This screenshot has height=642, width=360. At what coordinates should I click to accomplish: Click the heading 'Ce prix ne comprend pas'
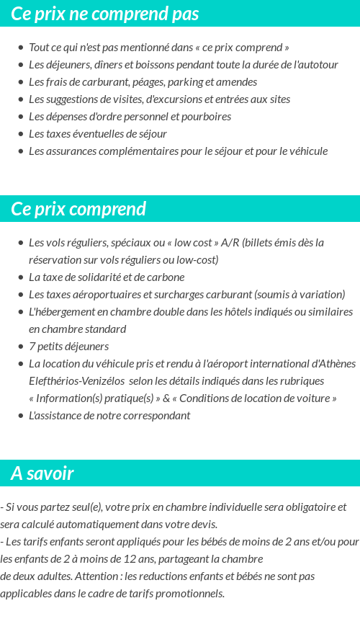[104, 14]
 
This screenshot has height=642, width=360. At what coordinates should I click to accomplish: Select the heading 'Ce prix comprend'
[78, 209]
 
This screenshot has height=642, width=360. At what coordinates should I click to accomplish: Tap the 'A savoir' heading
[42, 473]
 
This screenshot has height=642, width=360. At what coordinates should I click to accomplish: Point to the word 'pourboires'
[207, 116]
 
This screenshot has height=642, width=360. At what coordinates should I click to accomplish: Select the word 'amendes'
[238, 81]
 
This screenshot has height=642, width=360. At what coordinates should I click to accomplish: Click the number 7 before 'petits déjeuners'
[32, 346]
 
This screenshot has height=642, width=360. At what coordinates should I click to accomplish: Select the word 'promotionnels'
[189, 594]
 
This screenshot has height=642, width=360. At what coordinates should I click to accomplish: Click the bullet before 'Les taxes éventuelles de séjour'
[21, 134]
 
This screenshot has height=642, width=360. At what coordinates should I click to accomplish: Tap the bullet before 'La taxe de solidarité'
[21, 277]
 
